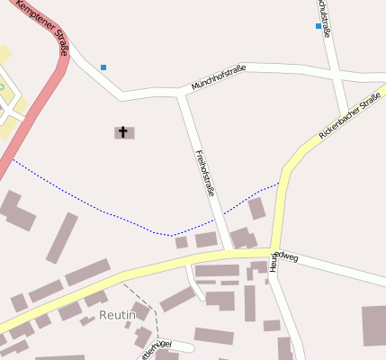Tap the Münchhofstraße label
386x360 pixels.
point(219,79)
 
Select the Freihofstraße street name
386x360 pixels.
point(205,172)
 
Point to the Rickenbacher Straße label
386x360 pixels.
point(352,114)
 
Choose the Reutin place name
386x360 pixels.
point(117,315)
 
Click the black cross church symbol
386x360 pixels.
point(123,132)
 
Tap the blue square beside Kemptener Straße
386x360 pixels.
point(103,67)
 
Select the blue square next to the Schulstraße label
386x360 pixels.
point(319,26)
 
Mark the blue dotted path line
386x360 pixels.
point(108,212)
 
